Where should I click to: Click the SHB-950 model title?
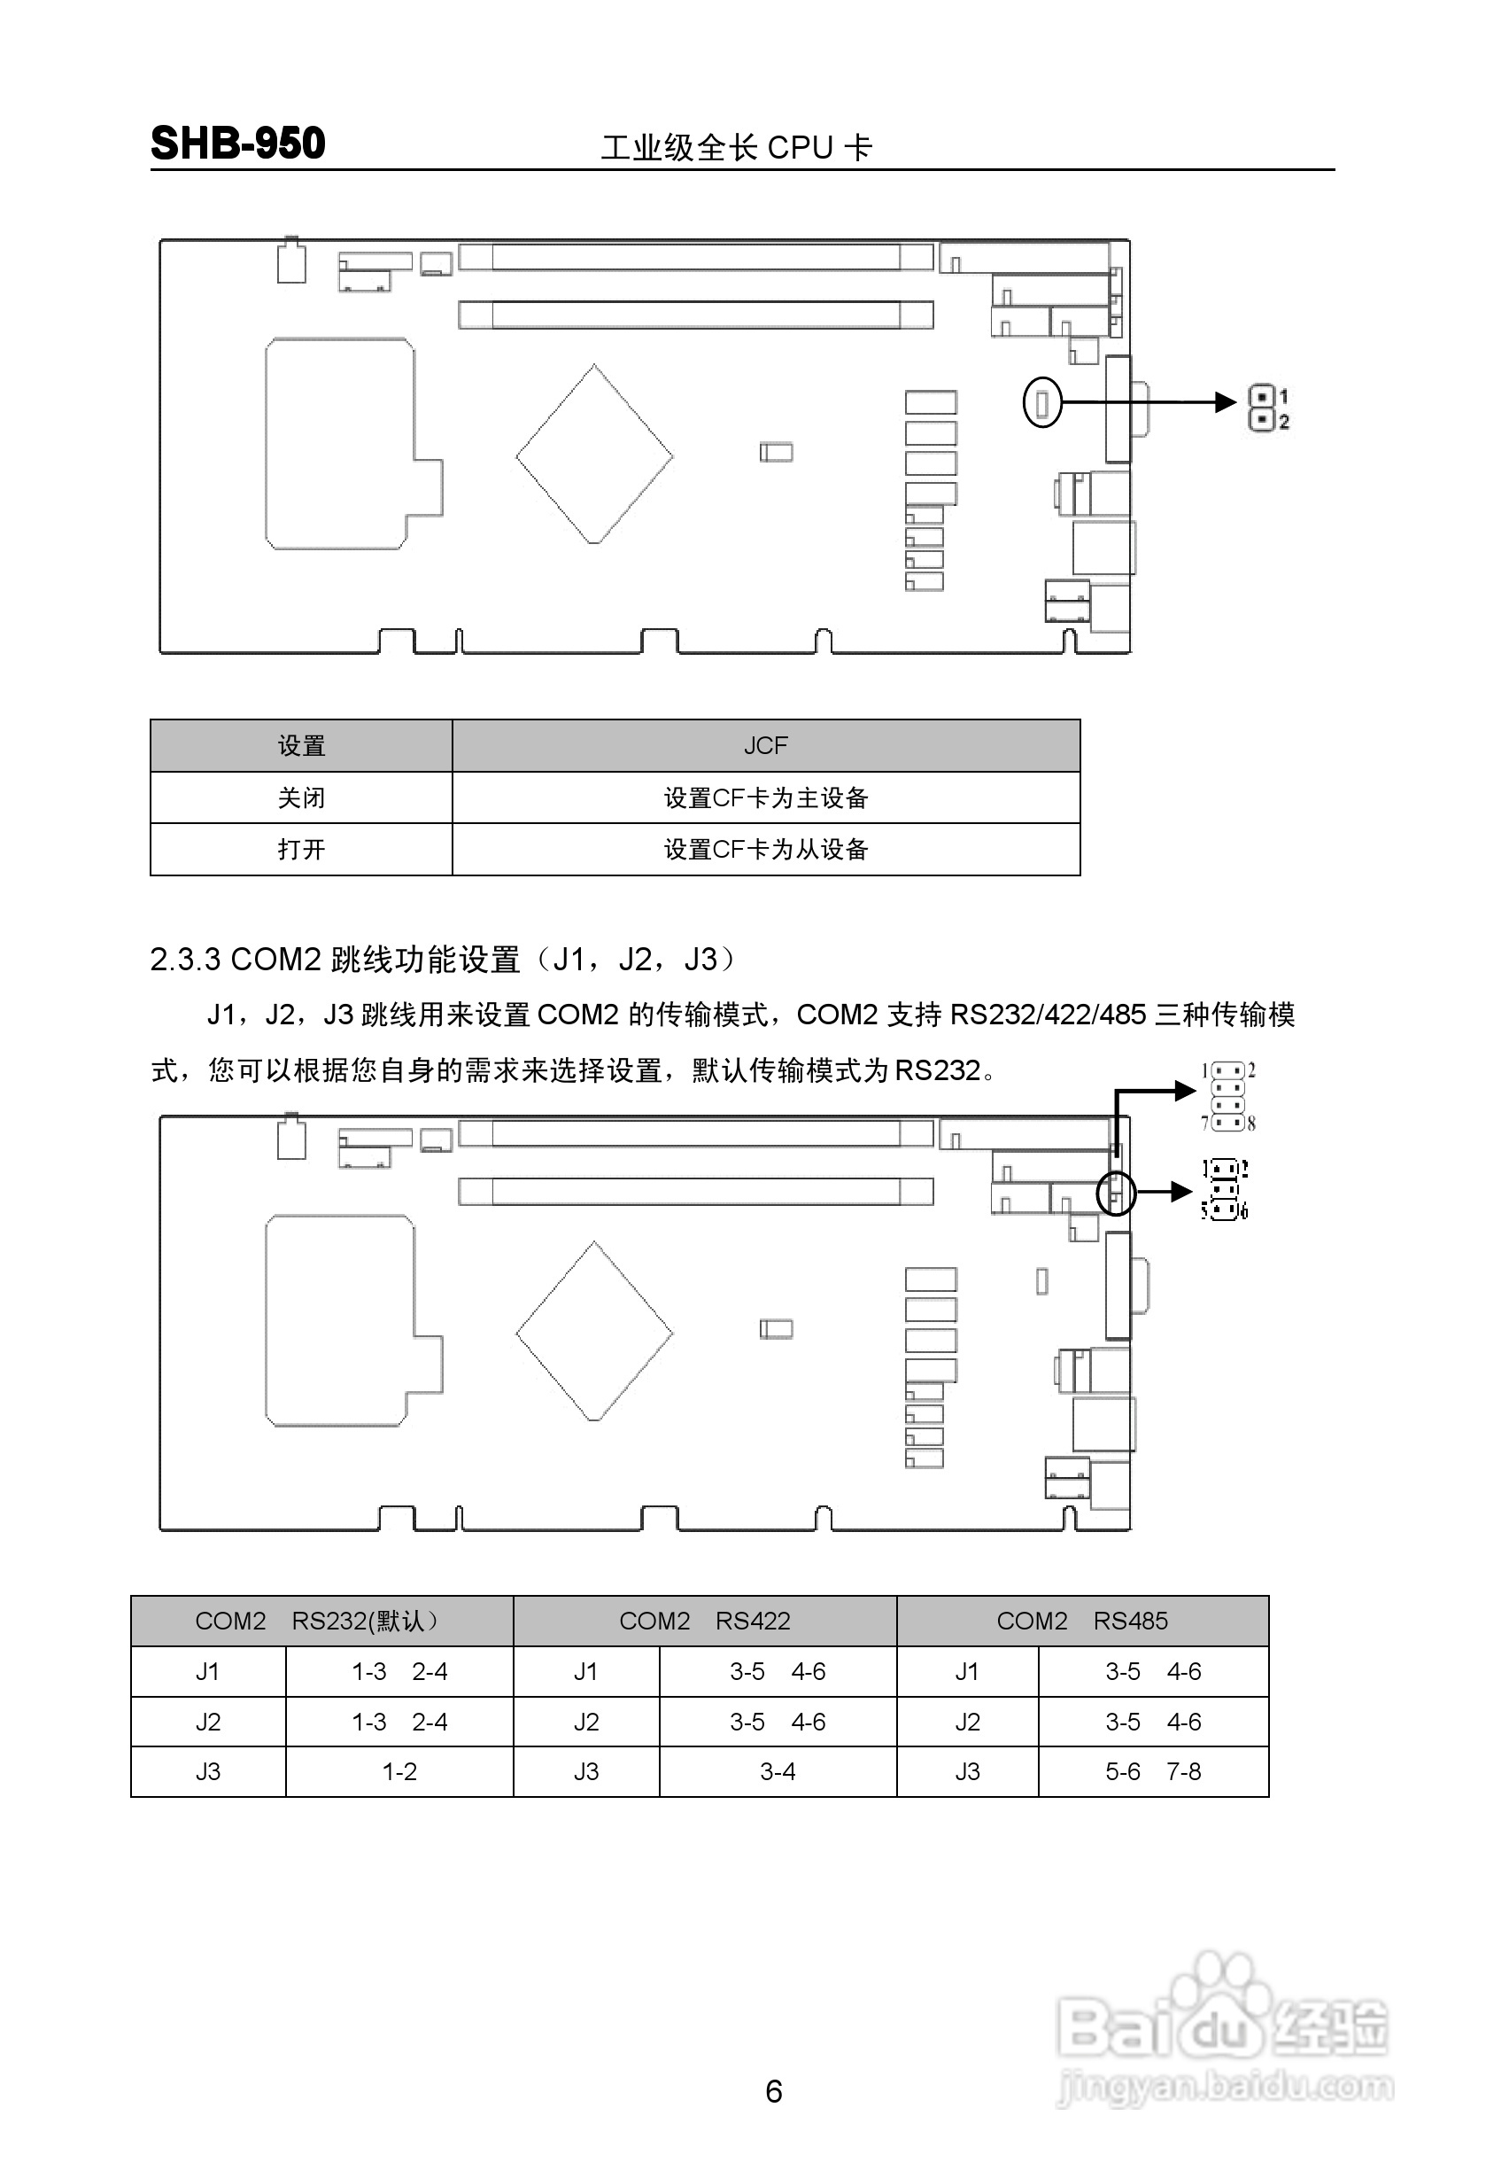point(238,144)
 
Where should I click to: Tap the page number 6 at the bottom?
point(773,2091)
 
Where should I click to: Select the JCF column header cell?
point(765,745)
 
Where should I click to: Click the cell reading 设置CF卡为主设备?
point(765,797)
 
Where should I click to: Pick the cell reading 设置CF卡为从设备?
point(765,849)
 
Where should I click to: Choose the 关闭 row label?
point(300,797)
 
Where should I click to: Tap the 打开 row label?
point(300,849)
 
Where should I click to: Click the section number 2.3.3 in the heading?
point(186,959)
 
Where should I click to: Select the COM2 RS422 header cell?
point(705,1621)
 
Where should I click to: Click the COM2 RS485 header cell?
point(1082,1621)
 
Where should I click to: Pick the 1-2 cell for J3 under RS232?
point(399,1771)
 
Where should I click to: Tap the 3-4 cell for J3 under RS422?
point(778,1771)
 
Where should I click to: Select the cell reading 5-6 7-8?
point(1153,1771)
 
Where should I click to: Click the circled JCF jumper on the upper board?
point(1042,402)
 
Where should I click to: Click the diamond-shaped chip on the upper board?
point(594,455)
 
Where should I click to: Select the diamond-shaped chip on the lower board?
point(594,1332)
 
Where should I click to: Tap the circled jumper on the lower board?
point(1116,1193)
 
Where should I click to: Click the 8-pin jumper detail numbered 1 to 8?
point(1228,1096)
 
